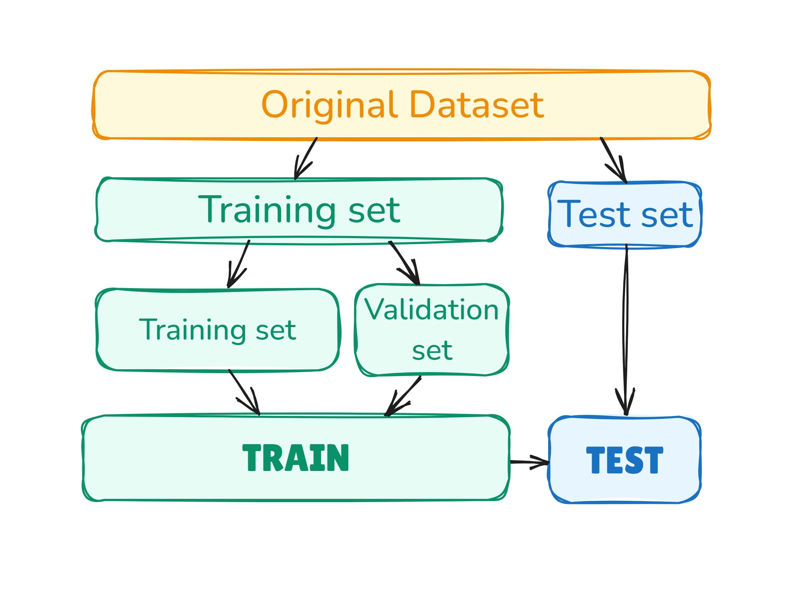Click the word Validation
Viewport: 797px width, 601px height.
431,310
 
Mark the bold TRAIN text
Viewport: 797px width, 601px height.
295,458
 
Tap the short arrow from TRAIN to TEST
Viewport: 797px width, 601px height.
529,462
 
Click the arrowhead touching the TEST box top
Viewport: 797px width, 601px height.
625,407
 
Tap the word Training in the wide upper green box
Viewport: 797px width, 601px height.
267,210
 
